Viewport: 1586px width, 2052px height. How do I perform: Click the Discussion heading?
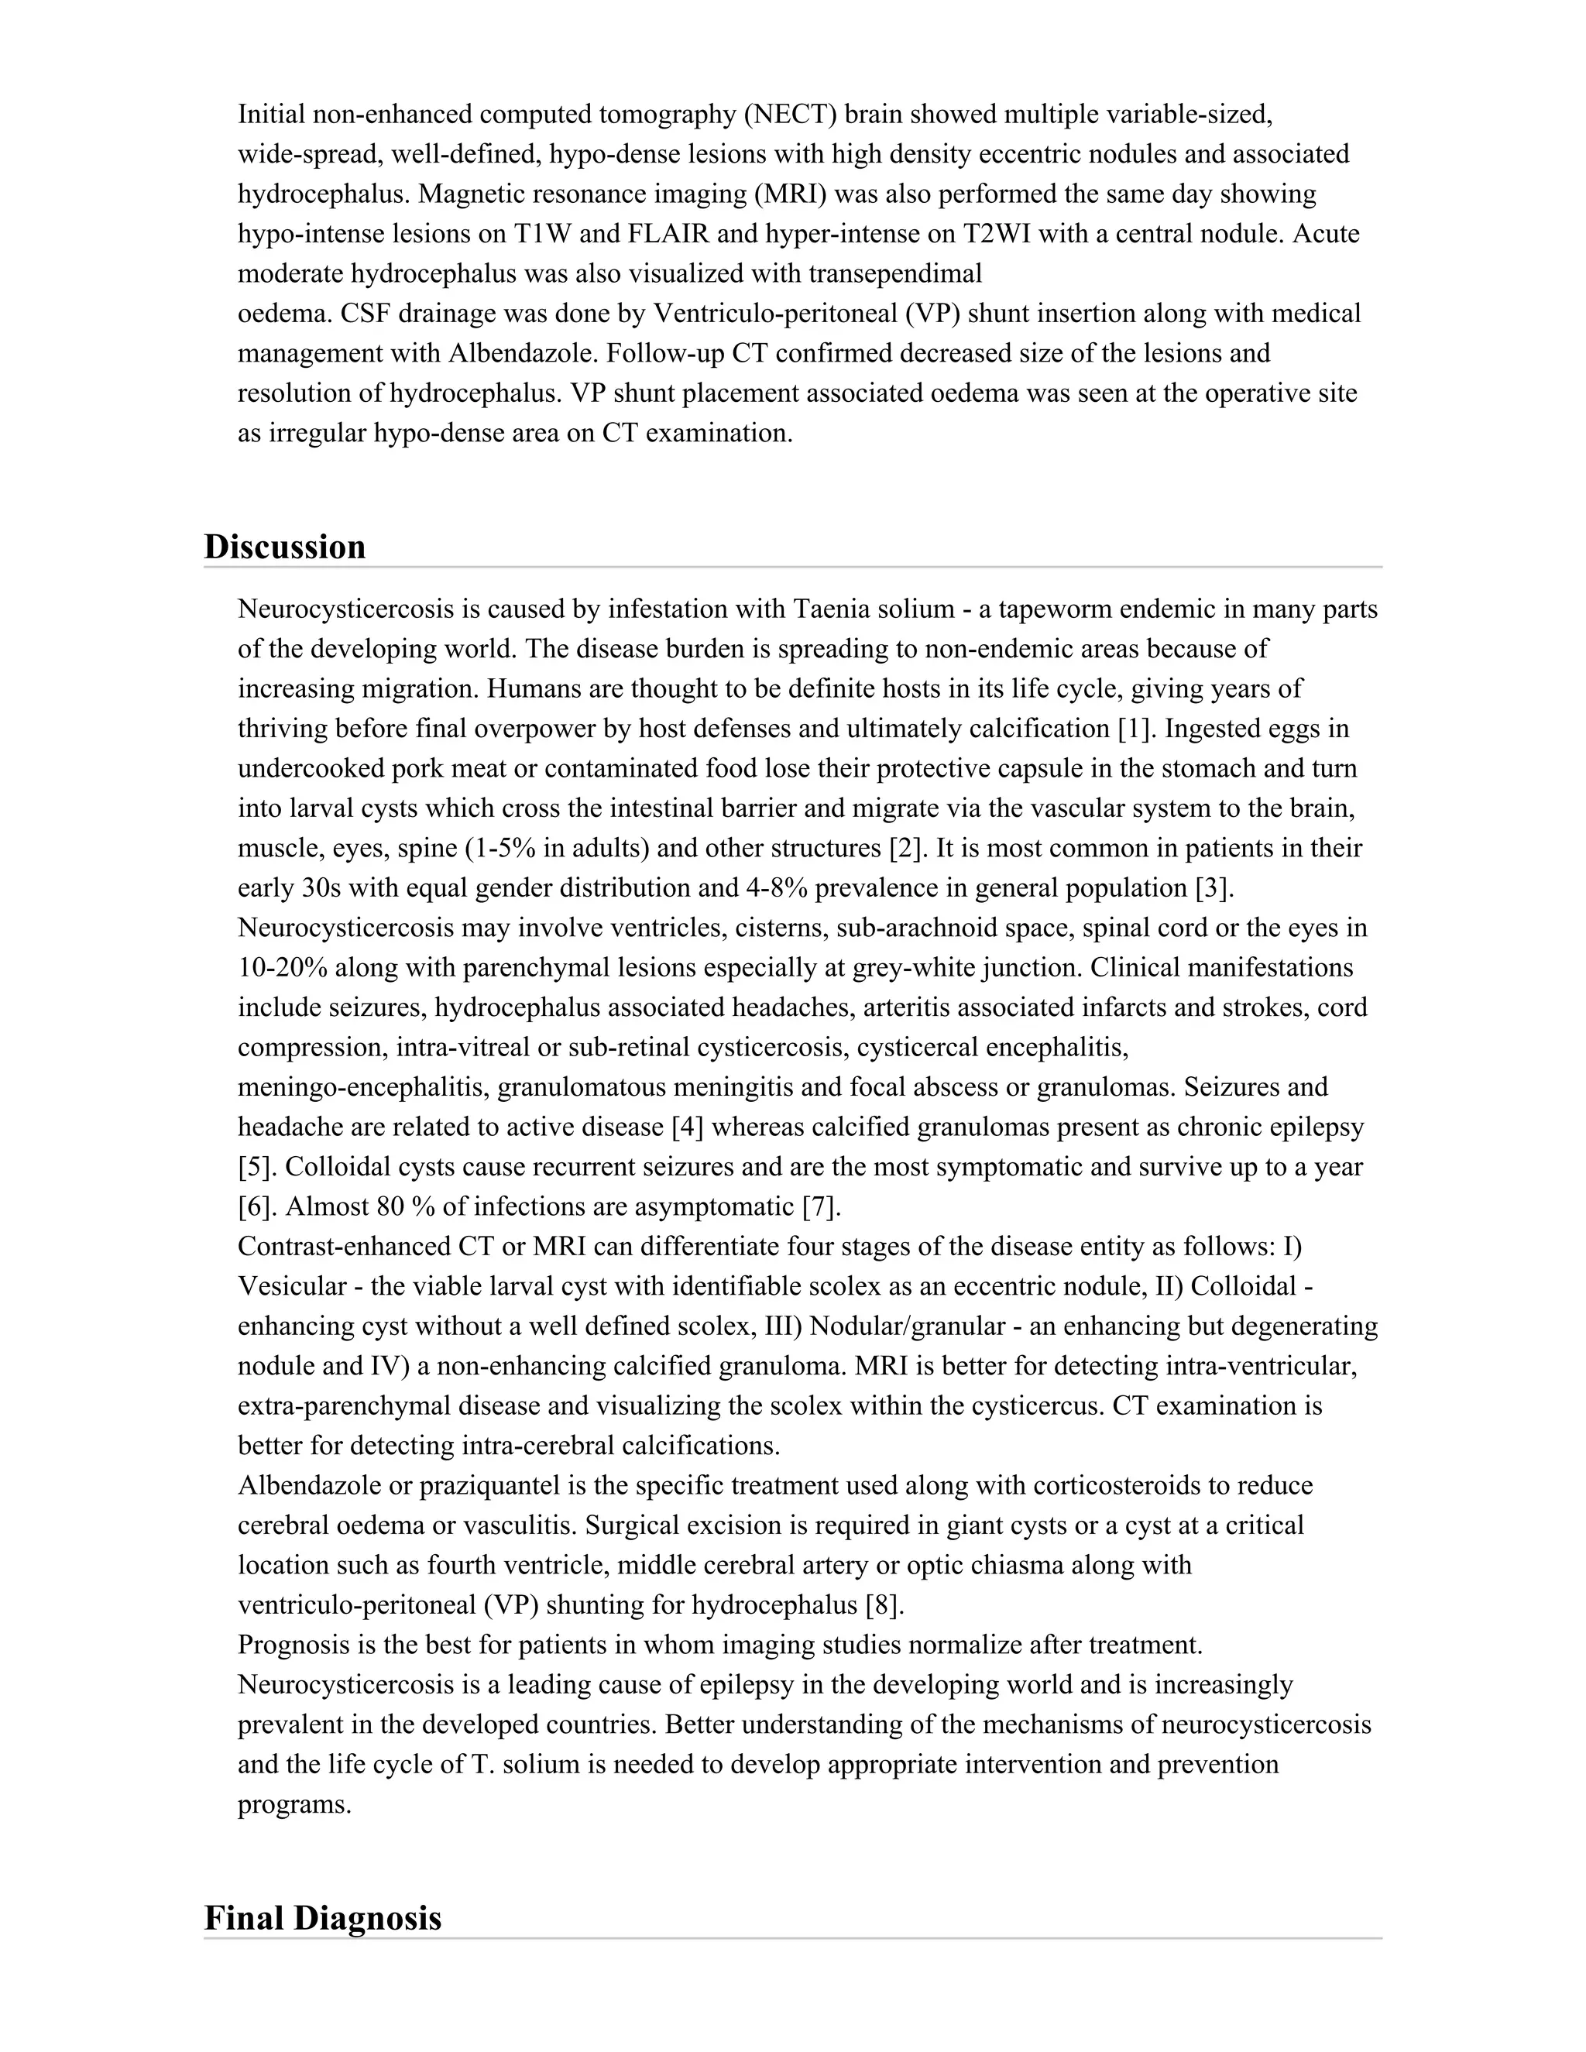[285, 547]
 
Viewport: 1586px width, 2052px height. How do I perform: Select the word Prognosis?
[295, 1645]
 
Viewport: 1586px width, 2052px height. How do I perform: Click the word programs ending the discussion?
[294, 1805]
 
